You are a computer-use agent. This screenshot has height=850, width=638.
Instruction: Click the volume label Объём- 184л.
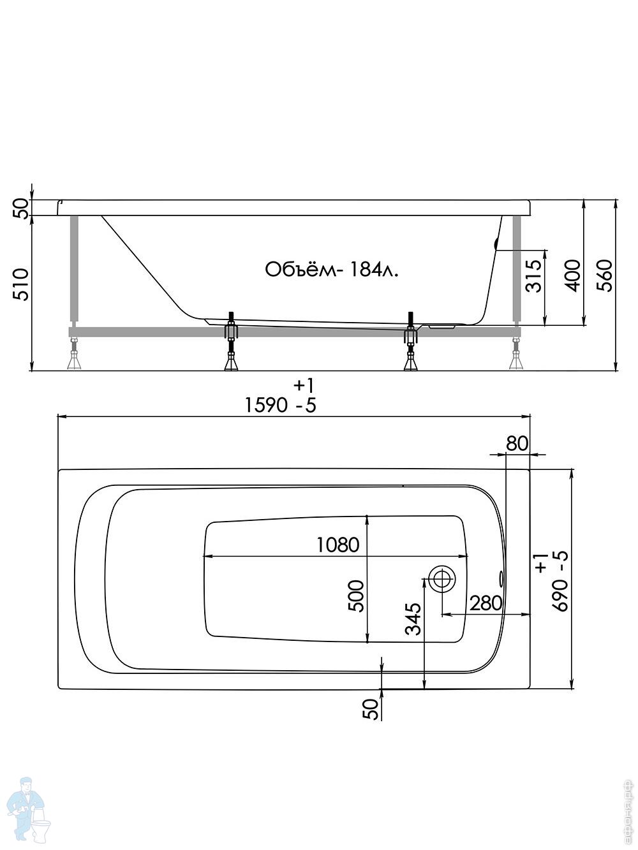click(x=332, y=270)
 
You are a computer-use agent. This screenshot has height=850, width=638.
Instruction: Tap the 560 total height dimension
click(x=604, y=275)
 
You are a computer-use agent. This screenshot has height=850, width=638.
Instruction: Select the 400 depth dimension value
click(x=573, y=275)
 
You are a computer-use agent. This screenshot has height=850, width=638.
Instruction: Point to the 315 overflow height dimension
click(x=533, y=275)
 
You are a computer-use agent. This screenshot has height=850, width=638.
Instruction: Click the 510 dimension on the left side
click(x=20, y=285)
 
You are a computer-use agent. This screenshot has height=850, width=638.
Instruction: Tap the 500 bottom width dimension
click(x=356, y=596)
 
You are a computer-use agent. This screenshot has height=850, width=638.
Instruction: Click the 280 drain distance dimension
click(x=486, y=603)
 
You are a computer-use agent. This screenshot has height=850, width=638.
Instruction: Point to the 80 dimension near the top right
click(x=517, y=443)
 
